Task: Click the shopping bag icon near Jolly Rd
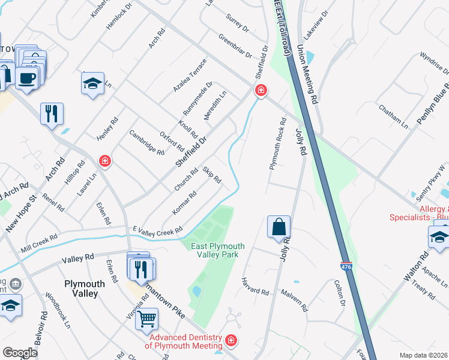coord(279,228)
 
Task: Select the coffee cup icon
coord(26,79)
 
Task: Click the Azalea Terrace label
coord(190,74)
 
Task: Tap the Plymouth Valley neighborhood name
coord(82,288)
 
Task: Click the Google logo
coord(20,353)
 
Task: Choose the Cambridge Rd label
coord(147,143)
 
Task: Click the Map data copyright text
coord(423,355)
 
